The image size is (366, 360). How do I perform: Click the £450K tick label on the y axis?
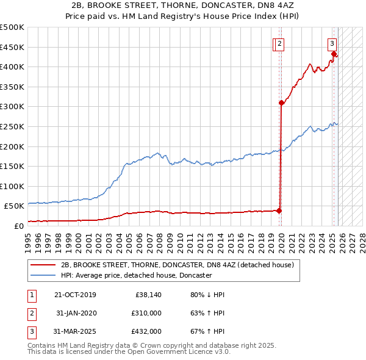tap(12, 47)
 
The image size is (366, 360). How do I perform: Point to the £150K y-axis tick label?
tap(12, 166)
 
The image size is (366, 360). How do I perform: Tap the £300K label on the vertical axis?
tap(12, 107)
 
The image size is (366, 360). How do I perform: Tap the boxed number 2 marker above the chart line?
tap(279, 43)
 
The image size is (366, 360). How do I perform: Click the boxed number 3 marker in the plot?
tap(332, 43)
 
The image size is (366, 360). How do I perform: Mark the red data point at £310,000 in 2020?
tap(281, 103)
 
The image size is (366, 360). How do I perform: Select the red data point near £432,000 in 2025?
tap(334, 54)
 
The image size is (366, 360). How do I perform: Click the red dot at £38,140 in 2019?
tap(279, 211)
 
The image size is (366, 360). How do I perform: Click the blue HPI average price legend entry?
tap(136, 275)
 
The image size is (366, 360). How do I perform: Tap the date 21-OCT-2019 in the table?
tap(75, 295)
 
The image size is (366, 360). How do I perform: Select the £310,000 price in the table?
tap(146, 313)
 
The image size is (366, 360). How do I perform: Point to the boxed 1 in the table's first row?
tap(30, 295)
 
